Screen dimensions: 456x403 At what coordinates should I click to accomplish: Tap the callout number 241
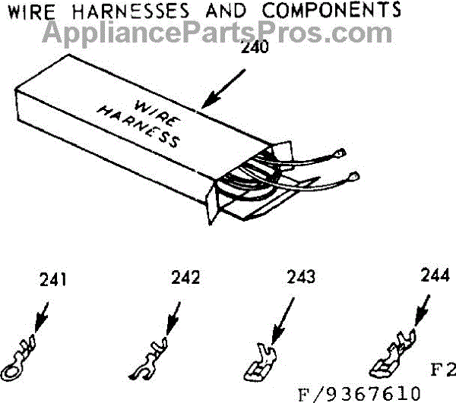point(52,280)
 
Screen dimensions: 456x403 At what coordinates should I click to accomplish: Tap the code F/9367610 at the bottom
point(359,393)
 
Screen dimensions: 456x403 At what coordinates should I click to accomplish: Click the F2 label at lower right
point(442,371)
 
